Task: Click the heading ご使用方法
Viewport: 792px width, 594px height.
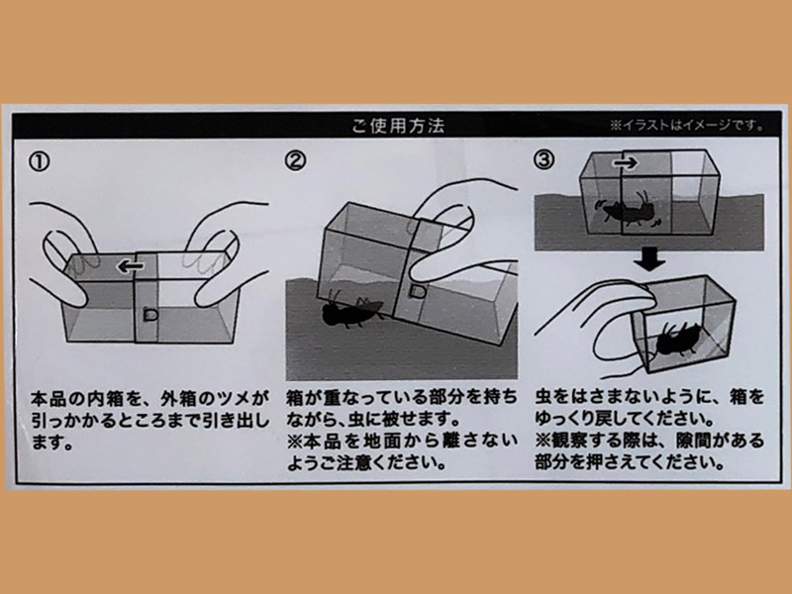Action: tap(398, 126)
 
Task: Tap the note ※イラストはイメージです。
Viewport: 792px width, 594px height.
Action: tap(687, 126)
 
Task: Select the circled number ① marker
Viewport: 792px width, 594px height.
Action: tap(40, 162)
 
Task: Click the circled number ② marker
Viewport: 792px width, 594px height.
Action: tap(295, 160)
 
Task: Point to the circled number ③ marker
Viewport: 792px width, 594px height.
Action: tap(544, 159)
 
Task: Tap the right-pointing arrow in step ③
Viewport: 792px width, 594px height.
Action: tap(626, 162)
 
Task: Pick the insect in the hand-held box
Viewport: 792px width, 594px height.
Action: tap(676, 340)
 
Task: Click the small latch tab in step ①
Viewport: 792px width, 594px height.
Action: tap(150, 315)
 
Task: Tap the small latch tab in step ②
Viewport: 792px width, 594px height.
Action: tap(417, 291)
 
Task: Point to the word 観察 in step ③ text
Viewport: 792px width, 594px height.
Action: tap(572, 441)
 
